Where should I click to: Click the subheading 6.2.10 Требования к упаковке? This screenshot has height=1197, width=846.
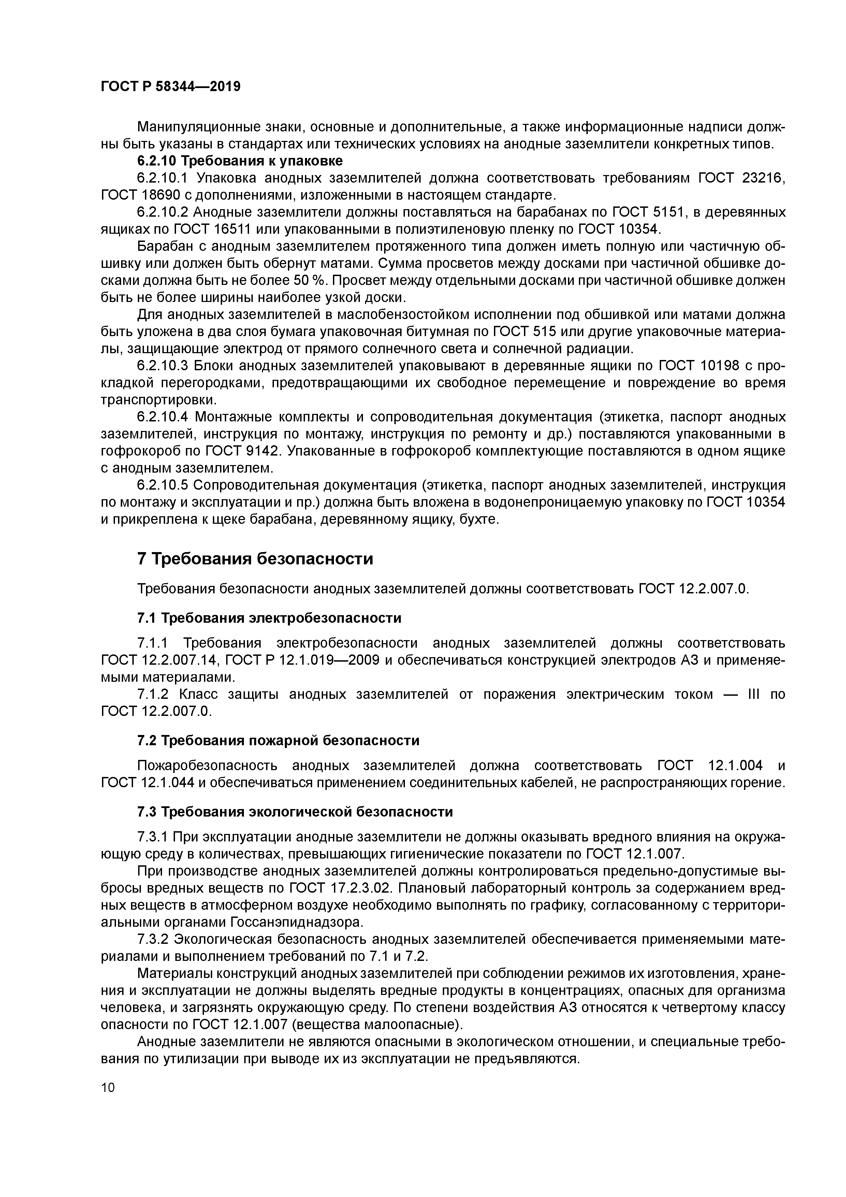(x=240, y=161)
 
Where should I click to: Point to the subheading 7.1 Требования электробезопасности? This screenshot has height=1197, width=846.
(x=269, y=618)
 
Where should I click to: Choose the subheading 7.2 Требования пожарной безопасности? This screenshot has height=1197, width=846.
(x=278, y=741)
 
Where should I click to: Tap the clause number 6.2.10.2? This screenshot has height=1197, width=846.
(x=162, y=212)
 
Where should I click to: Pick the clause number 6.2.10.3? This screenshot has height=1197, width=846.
(x=162, y=366)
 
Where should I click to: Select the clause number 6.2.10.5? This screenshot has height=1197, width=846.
(x=162, y=485)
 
